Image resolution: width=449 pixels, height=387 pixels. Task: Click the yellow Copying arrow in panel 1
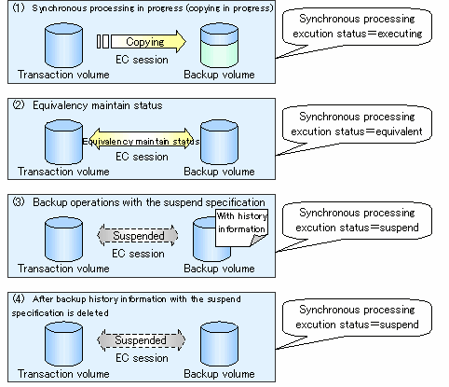148,41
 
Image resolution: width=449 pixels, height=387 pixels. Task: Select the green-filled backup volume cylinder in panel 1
219,46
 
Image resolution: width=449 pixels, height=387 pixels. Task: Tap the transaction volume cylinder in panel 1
63,46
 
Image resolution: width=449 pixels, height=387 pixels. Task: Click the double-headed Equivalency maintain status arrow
141,139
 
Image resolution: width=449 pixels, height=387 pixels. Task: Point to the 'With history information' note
241,228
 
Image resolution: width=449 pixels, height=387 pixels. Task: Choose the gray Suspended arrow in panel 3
138,236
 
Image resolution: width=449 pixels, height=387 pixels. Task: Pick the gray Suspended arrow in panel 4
142,340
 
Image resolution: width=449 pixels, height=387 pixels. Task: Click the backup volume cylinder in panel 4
219,344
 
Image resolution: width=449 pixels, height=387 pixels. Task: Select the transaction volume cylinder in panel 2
63,142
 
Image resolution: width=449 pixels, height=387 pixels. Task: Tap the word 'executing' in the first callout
400,34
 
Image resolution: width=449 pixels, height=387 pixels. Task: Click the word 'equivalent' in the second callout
399,131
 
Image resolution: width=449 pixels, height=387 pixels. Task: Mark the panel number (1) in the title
19,7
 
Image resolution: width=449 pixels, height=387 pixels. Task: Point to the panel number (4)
19,299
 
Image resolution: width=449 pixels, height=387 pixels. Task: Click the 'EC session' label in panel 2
142,157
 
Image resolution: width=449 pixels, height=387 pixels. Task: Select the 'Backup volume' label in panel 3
219,269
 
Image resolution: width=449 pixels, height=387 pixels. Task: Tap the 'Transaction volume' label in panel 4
63,374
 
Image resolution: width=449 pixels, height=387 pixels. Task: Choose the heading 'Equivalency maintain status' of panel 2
98,105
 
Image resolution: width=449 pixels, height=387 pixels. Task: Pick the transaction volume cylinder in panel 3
63,240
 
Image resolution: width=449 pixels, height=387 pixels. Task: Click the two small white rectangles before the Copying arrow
102,41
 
